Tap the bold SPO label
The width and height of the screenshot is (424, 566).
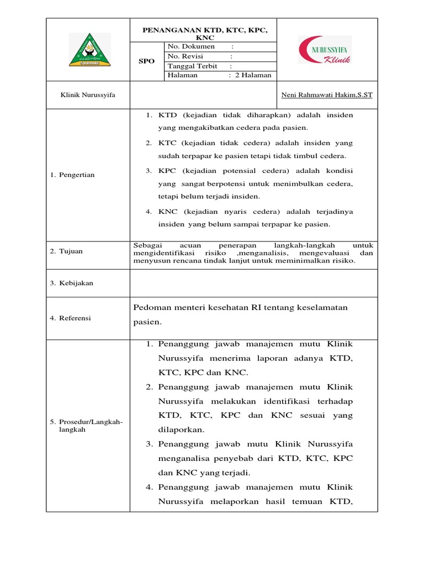146,61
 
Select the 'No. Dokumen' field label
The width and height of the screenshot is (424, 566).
191,46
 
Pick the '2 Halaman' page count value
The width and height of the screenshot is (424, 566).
252,76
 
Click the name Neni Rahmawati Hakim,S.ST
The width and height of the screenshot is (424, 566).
327,95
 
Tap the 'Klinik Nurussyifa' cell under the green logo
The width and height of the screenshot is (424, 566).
88,95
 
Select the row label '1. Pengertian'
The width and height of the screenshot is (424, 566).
72,175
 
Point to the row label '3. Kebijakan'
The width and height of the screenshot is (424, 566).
72,283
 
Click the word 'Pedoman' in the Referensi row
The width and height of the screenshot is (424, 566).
151,307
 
